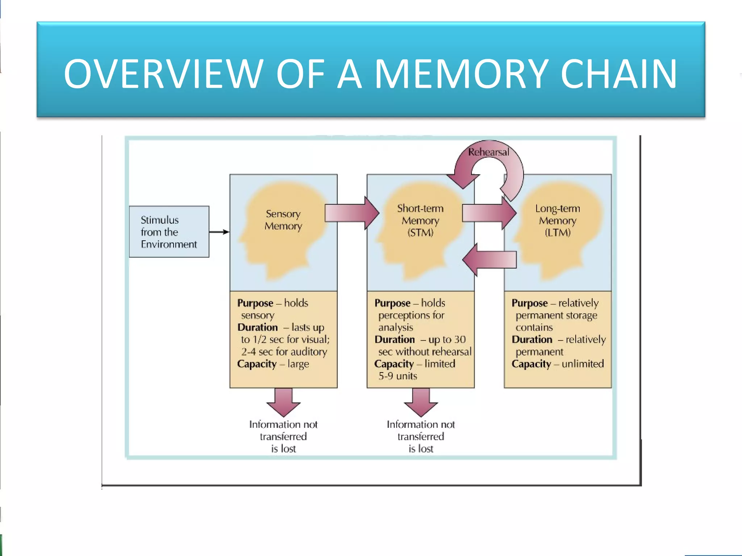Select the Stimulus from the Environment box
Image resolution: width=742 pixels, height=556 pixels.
pyautogui.click(x=169, y=232)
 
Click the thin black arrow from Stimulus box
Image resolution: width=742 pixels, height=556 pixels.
pyautogui.click(x=219, y=232)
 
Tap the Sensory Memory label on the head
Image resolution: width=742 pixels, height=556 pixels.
pyautogui.click(x=283, y=220)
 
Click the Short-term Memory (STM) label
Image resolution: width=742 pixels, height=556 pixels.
pyautogui.click(x=420, y=220)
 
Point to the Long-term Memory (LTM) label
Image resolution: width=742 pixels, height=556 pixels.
pyautogui.click(x=558, y=220)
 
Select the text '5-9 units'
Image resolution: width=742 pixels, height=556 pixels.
pyautogui.click(x=397, y=376)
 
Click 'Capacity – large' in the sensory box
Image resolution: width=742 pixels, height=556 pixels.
pyautogui.click(x=273, y=364)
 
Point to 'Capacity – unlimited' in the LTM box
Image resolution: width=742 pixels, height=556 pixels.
pyautogui.click(x=558, y=364)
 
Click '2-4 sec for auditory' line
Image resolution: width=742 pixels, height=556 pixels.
pyautogui.click(x=284, y=351)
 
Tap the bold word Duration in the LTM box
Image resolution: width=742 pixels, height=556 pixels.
pyautogui.click(x=532, y=340)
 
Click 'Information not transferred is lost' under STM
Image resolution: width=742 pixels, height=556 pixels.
pyautogui.click(x=421, y=436)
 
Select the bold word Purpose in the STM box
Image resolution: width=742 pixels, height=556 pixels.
pyautogui.click(x=392, y=303)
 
